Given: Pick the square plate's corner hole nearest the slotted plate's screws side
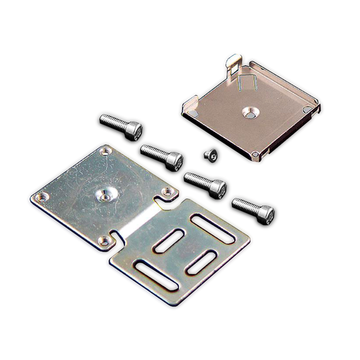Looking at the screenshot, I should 167,191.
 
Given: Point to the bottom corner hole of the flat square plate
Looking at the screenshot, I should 104,241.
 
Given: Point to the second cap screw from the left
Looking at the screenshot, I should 162,155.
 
